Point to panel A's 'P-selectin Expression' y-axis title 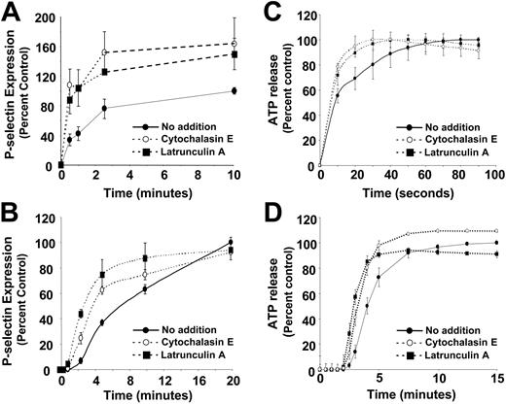pos(14,92)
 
